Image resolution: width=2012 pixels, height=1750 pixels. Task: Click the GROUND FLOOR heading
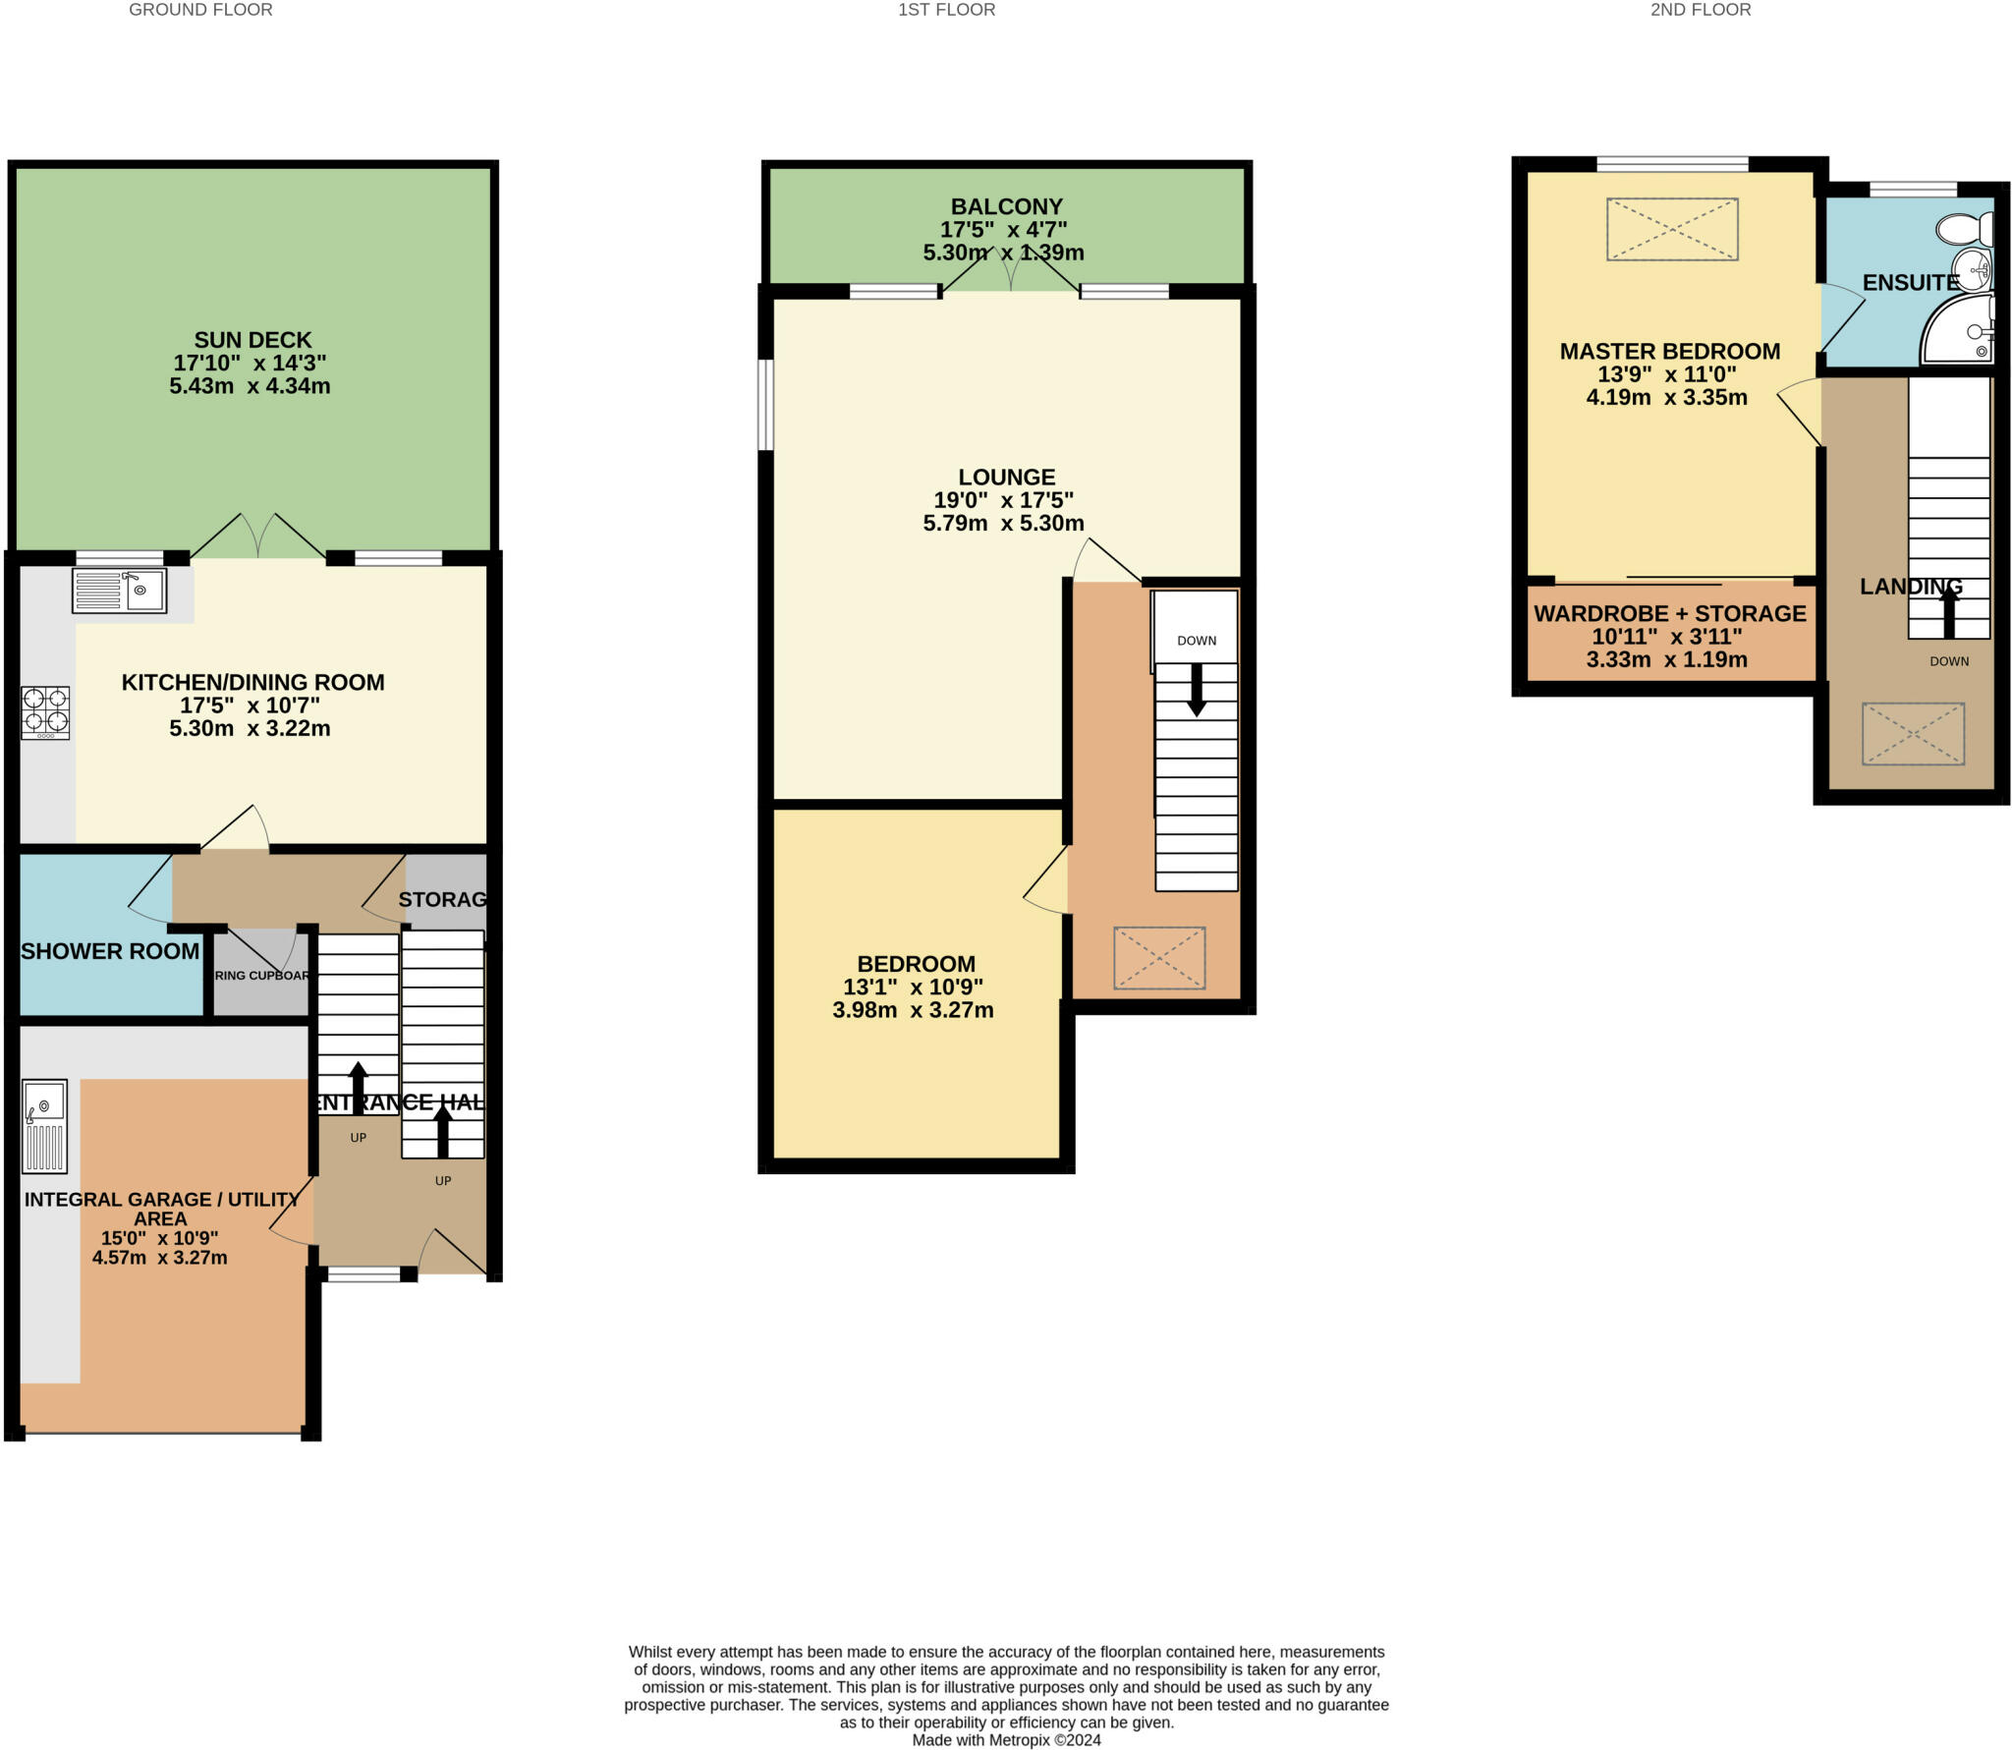pyautogui.click(x=200, y=10)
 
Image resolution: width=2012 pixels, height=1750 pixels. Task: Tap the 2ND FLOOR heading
pyautogui.click(x=1700, y=10)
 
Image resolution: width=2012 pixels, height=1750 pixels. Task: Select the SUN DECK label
pyautogui.click(x=252, y=340)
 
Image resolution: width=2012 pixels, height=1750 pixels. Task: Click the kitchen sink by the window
pyautogui.click(x=120, y=591)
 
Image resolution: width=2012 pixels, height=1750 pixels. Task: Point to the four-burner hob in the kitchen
pyautogui.click(x=45, y=712)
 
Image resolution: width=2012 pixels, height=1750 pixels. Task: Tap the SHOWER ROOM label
pyautogui.click(x=110, y=951)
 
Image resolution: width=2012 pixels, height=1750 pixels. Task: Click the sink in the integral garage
pyautogui.click(x=45, y=1126)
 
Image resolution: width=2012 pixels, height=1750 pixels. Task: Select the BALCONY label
pyautogui.click(x=1006, y=206)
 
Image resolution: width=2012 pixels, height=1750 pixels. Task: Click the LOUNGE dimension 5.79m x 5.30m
pyautogui.click(x=1003, y=523)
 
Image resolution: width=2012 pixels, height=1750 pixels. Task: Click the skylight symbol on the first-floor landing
pyautogui.click(x=1159, y=958)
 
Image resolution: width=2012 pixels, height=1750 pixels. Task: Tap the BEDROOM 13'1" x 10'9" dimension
pyautogui.click(x=913, y=987)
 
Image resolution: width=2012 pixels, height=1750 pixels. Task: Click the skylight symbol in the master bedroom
pyautogui.click(x=1672, y=229)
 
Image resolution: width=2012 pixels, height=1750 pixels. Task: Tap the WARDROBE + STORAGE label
pyautogui.click(x=1669, y=613)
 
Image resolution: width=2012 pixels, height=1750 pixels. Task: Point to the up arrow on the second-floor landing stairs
pyautogui.click(x=1949, y=613)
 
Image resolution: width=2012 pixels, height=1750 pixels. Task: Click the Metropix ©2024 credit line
pyautogui.click(x=1006, y=1739)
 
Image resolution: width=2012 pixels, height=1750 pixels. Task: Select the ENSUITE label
pyautogui.click(x=1910, y=283)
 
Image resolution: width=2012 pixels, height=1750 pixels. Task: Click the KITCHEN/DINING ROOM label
pyautogui.click(x=252, y=682)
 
